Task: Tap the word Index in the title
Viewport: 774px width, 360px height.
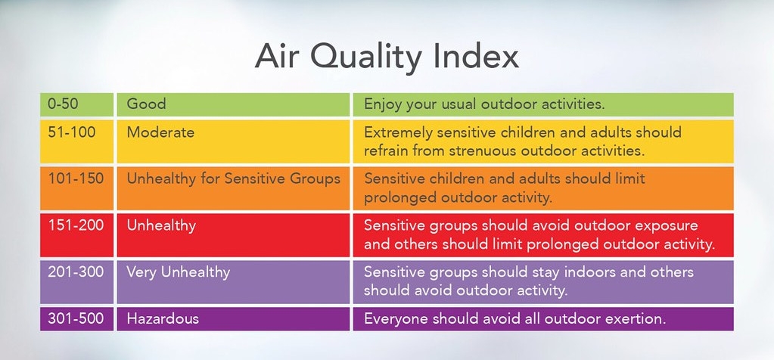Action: pyautogui.click(x=482, y=58)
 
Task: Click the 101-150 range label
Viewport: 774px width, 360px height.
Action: pyautogui.click(x=75, y=178)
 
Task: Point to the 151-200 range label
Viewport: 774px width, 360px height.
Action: pyautogui.click(x=75, y=225)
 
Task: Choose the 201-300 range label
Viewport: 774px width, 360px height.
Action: pyautogui.click(x=75, y=272)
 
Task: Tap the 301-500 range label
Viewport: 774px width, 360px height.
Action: pyautogui.click(x=75, y=318)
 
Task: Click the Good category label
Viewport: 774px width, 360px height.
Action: pyautogui.click(x=146, y=104)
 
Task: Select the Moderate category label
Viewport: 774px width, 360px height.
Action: pyautogui.click(x=160, y=132)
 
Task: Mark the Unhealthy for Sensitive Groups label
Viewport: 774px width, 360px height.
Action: pyautogui.click(x=234, y=178)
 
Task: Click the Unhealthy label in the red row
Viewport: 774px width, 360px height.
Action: pyautogui.click(x=161, y=225)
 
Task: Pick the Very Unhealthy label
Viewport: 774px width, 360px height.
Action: pyautogui.click(x=179, y=272)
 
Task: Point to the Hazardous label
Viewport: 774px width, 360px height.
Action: pyautogui.click(x=163, y=318)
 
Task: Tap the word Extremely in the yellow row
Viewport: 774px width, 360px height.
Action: pyautogui.click(x=397, y=132)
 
